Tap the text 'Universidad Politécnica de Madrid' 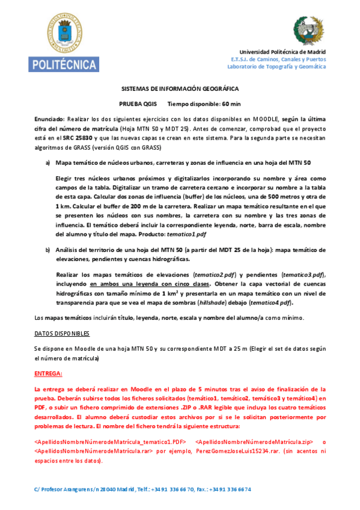click(x=282, y=52)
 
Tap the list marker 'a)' click(x=48, y=162)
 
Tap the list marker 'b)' click(x=48, y=249)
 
